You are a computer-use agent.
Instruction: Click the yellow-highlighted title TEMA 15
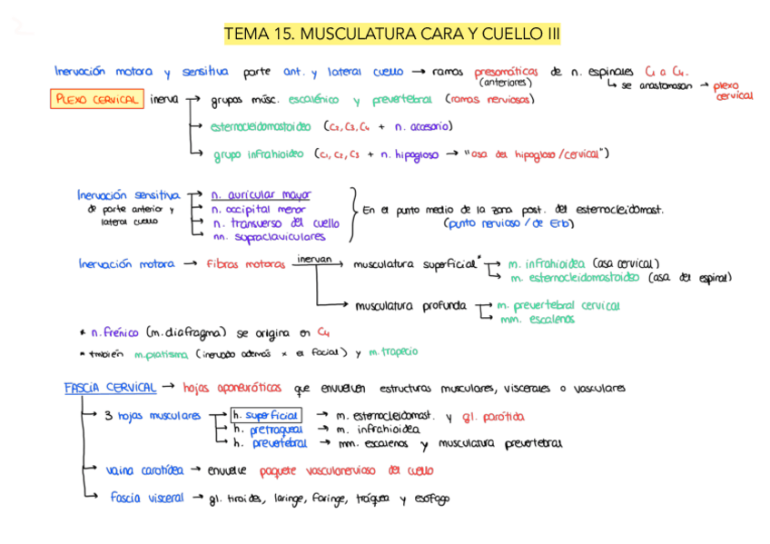pos(391,35)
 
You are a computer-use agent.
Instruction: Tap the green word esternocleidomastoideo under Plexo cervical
pos(260,127)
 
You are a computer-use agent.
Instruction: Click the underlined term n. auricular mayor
pos(261,194)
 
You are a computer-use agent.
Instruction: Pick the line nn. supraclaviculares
pos(268,237)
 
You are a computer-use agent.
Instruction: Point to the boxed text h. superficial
pos(267,415)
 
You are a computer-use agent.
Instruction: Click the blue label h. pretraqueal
pos(268,429)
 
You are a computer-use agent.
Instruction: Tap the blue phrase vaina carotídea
pos(144,470)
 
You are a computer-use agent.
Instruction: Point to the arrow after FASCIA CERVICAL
pos(170,388)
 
